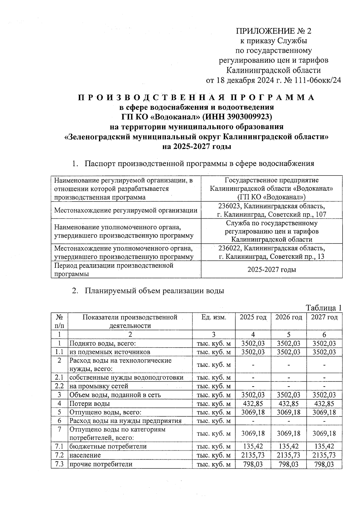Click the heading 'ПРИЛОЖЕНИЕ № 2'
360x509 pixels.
pos(274,31)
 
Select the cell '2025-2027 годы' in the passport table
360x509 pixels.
pos(271,269)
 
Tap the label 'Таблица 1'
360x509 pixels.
pos(323,308)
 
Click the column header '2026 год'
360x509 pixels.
pos(288,317)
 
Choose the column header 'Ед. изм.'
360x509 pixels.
pos(214,317)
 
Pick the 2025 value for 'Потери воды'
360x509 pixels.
pos(253,403)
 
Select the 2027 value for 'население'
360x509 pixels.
pos(324,455)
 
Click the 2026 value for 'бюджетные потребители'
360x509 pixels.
pos(288,446)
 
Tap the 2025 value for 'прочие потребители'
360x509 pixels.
pos(253,464)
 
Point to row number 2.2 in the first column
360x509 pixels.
pos(59,386)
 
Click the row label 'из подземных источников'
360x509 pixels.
pos(110,352)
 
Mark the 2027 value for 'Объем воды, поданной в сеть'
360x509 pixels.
pos(324,395)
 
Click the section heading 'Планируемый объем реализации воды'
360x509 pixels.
pos(154,291)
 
